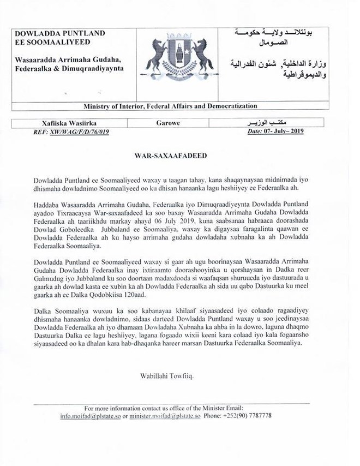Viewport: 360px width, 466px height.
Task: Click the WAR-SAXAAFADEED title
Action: [163, 156]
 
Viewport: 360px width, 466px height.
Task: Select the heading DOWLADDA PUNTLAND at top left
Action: [60, 33]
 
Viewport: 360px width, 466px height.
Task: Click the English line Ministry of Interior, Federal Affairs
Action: [170, 106]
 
